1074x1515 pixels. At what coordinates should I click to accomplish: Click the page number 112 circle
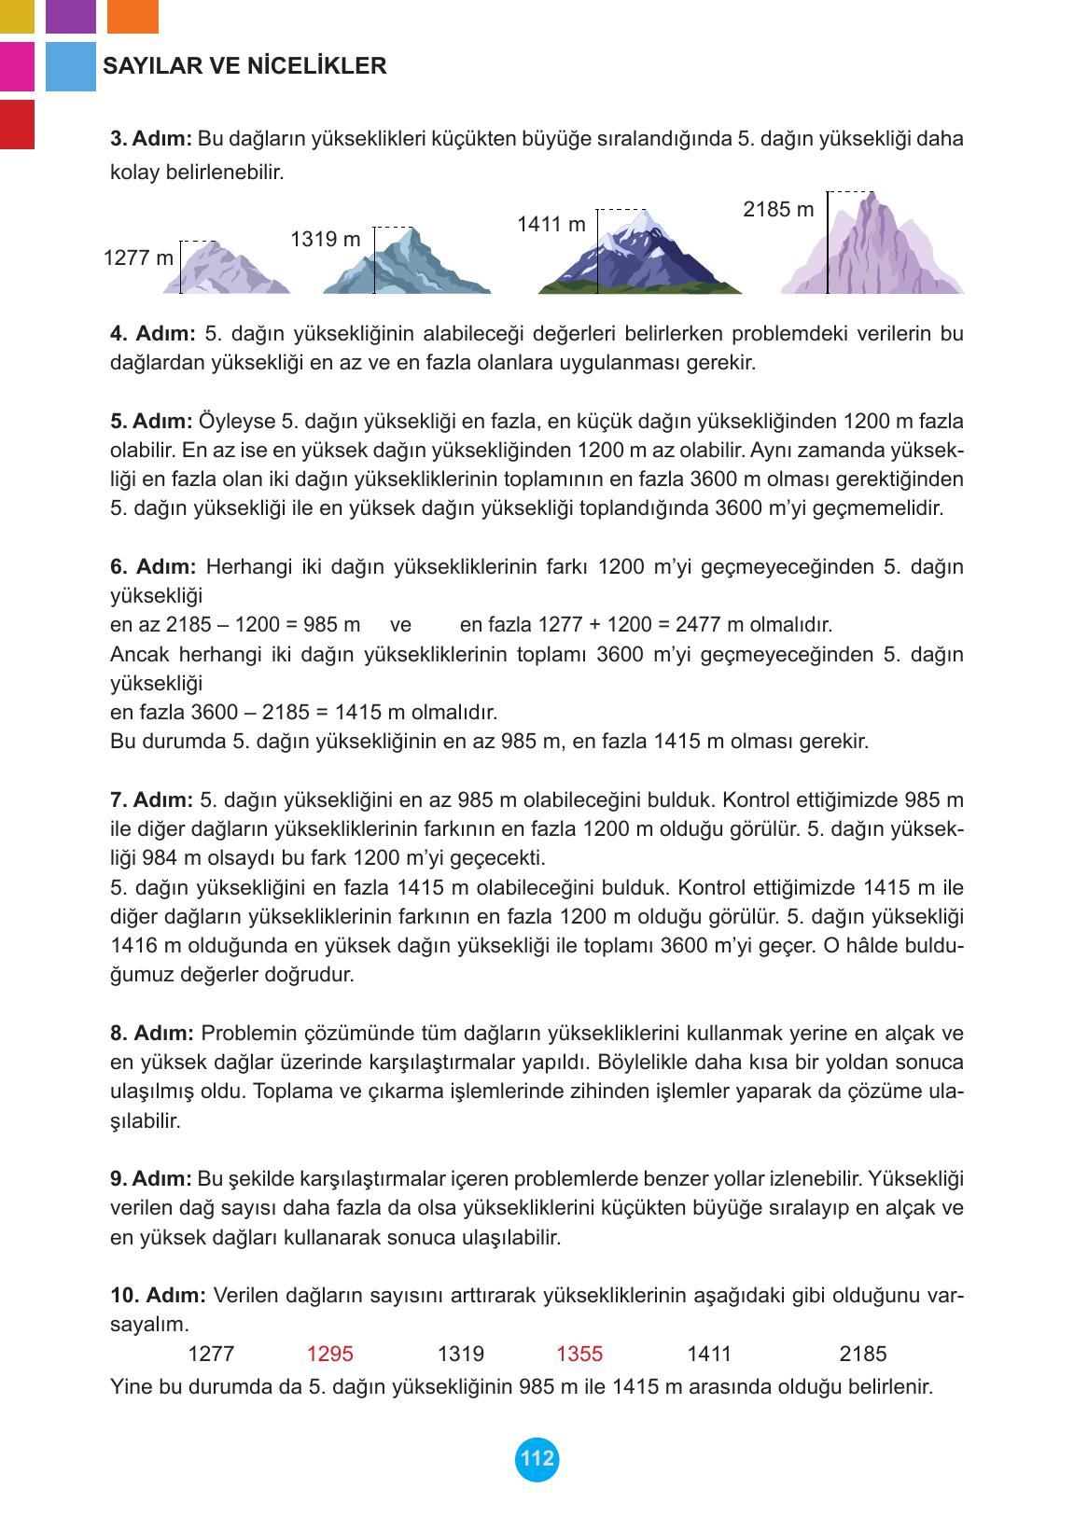point(537,1459)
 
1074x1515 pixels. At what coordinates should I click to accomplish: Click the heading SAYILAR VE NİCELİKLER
point(244,66)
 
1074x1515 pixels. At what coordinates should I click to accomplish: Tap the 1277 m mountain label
point(138,257)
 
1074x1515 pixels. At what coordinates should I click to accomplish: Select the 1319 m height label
point(325,239)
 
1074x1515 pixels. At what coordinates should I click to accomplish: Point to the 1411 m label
point(551,224)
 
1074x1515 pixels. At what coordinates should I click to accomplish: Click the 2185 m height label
point(778,209)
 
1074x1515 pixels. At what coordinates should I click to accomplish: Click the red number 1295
point(329,1354)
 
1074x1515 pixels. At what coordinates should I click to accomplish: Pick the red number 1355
point(579,1354)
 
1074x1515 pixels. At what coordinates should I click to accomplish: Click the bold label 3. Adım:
point(151,139)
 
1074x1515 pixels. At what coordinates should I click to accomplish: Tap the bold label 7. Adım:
point(151,799)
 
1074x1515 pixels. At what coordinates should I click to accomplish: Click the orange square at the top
point(133,16)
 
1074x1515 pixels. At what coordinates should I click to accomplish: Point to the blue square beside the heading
point(71,66)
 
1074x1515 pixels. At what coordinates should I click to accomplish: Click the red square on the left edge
point(17,124)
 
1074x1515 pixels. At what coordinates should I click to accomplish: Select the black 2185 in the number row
point(863,1354)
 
